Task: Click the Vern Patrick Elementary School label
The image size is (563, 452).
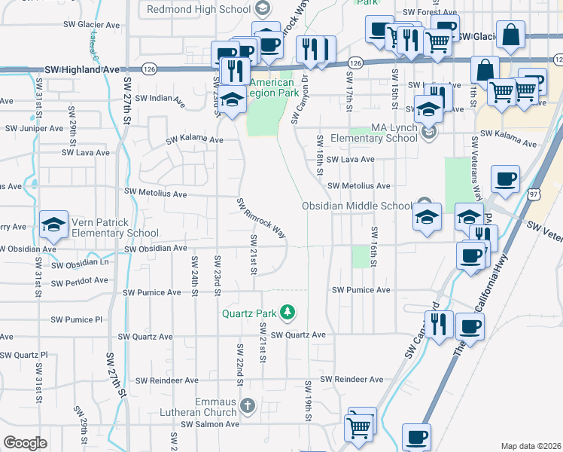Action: point(114,228)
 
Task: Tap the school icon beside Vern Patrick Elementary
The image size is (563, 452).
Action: point(53,224)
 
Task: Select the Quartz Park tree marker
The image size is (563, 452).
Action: point(286,311)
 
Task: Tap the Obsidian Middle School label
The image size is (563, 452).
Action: point(357,206)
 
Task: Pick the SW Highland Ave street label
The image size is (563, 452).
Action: point(82,69)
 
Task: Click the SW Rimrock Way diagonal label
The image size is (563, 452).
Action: point(261,218)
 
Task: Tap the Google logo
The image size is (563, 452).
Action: point(25,443)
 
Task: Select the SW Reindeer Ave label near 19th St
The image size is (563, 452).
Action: point(351,380)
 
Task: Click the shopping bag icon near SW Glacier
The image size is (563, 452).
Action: point(510,35)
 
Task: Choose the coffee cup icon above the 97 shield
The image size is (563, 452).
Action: point(504,179)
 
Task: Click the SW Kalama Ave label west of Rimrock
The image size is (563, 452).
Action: point(195,139)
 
